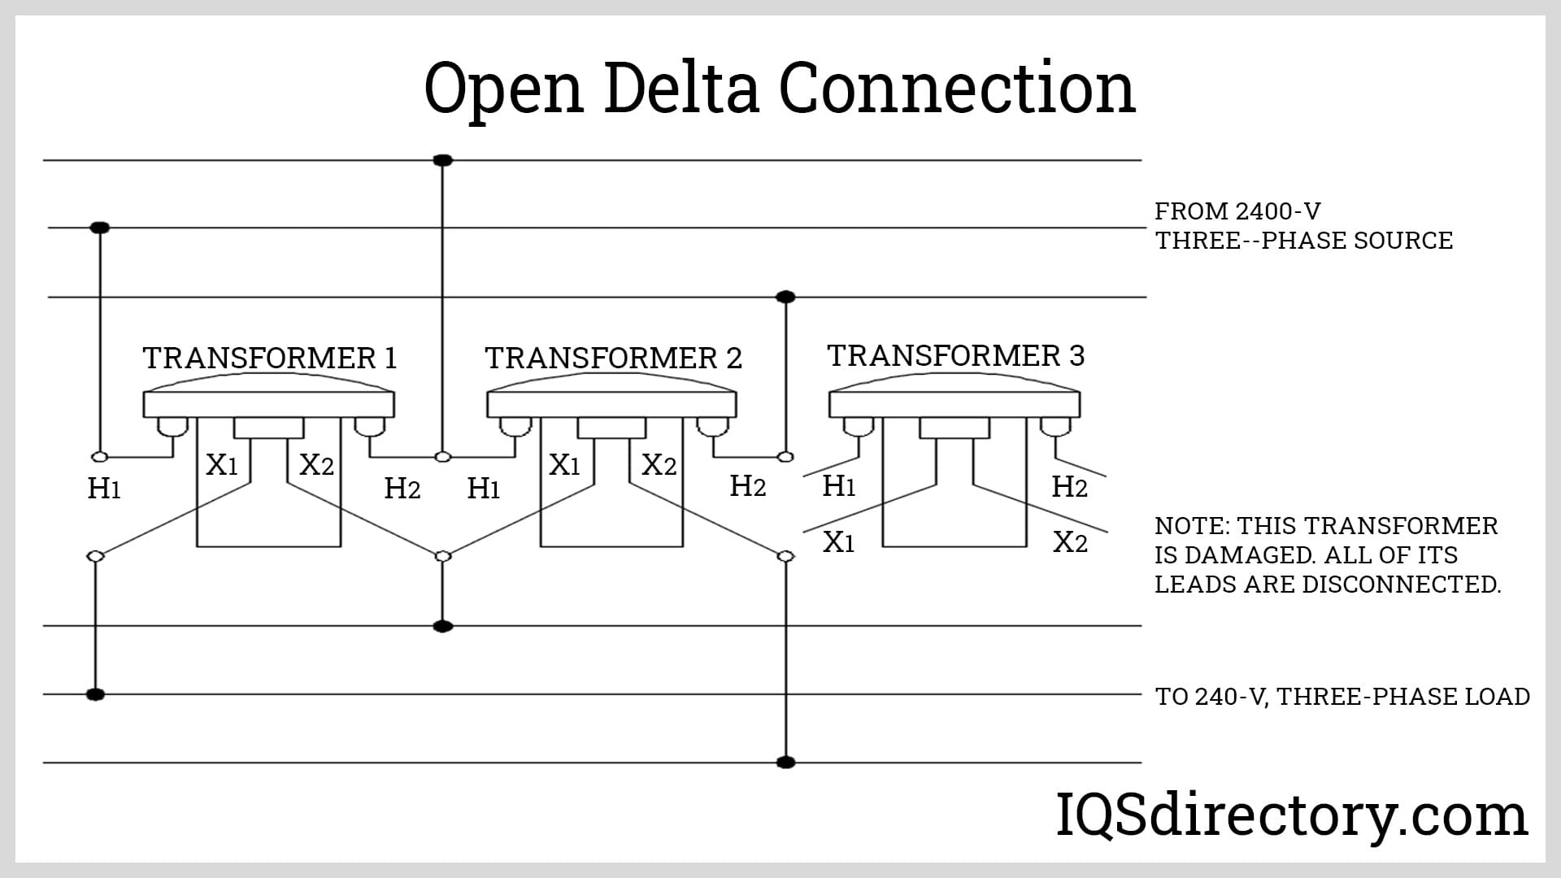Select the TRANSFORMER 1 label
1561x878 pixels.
270,359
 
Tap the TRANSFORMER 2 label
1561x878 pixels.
614,359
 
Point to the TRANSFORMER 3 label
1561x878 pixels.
956,356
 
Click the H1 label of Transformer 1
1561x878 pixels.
104,489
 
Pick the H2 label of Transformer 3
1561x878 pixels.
1069,487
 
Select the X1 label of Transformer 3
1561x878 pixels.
838,542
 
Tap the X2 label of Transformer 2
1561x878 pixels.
659,465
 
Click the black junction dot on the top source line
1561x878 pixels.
442,160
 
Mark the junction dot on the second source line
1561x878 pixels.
99,228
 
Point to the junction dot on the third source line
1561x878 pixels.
785,297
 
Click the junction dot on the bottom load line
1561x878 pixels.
785,763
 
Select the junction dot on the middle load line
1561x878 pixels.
95,694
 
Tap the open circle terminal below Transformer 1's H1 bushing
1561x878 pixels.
99,457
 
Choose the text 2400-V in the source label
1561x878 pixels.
1277,211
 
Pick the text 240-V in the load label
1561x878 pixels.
1233,697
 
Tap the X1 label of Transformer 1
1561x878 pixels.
221,465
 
